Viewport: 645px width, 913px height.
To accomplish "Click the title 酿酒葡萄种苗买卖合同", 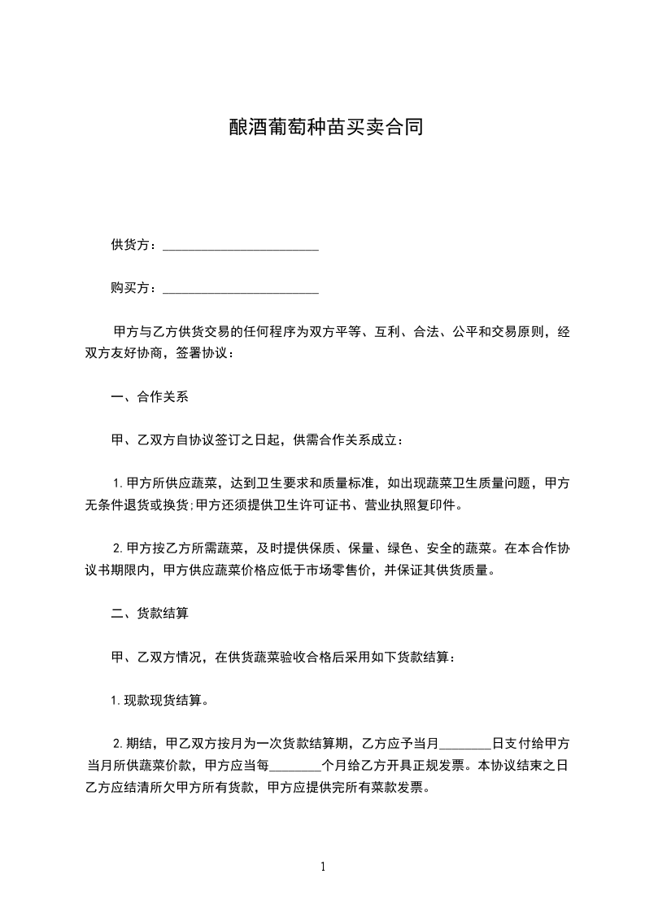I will (322, 129).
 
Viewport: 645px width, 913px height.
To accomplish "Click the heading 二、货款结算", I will (150, 614).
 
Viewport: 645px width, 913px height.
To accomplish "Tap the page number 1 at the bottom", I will (323, 867).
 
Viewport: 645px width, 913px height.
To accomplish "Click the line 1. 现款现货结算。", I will (160, 700).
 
